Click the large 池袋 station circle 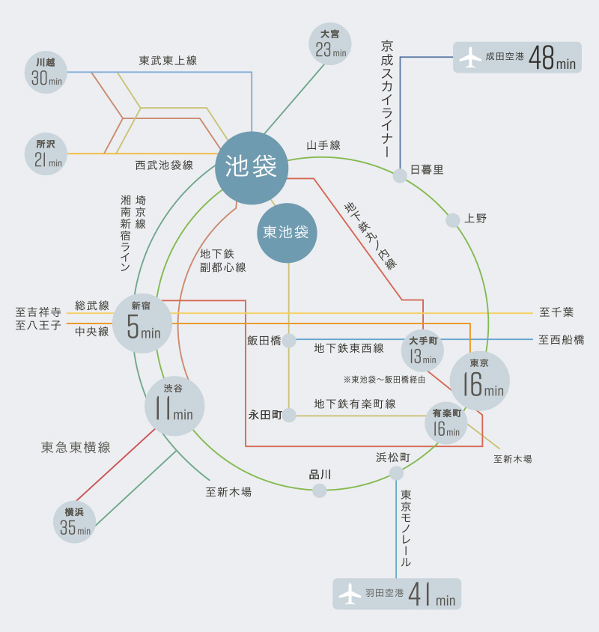(x=252, y=168)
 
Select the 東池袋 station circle (x=287, y=233)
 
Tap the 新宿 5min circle (x=142, y=323)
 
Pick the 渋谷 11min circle (x=174, y=406)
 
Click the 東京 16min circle (x=480, y=381)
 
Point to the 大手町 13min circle (x=422, y=350)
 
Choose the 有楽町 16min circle (x=446, y=423)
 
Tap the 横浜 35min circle (x=75, y=522)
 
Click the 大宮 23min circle (x=330, y=44)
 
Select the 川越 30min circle (x=46, y=72)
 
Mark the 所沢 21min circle (x=46, y=154)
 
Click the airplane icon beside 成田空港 (x=470, y=57)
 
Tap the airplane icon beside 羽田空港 (x=350, y=594)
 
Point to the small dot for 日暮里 (x=400, y=176)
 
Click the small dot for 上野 (x=453, y=220)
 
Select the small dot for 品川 (x=319, y=490)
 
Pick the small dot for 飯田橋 (x=289, y=341)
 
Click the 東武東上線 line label (x=168, y=61)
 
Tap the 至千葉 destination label (x=556, y=312)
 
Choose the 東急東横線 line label (x=76, y=447)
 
